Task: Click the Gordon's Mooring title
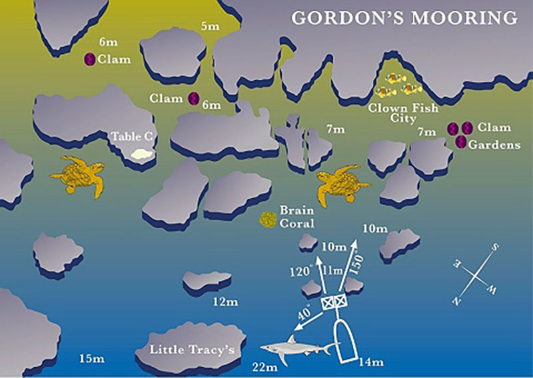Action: pyautogui.click(x=405, y=17)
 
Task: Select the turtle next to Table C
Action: pyautogui.click(x=79, y=175)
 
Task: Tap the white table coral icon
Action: pyautogui.click(x=141, y=154)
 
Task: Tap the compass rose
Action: pyautogui.click(x=476, y=273)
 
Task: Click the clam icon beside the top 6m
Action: pyautogui.click(x=89, y=59)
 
